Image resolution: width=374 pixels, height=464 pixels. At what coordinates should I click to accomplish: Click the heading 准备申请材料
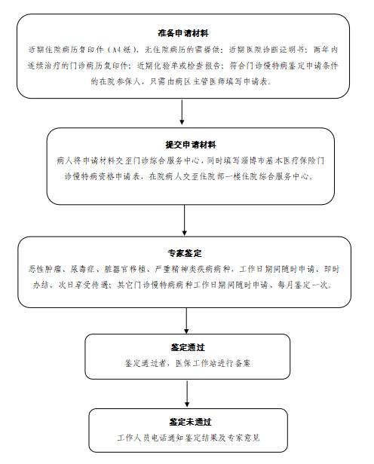[183, 33]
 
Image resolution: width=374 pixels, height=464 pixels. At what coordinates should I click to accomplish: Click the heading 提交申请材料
[191, 145]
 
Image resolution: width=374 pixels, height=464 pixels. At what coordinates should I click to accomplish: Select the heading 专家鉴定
[185, 253]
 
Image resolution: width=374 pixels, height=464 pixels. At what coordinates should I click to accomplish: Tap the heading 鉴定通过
[188, 347]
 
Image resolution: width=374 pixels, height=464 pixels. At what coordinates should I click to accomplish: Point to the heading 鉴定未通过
[190, 422]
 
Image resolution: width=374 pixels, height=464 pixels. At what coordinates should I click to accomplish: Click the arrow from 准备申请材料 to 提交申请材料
[182, 111]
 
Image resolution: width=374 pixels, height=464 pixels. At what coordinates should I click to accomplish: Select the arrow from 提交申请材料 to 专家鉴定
[184, 220]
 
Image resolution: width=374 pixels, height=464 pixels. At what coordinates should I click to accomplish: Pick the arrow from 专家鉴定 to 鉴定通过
[186, 320]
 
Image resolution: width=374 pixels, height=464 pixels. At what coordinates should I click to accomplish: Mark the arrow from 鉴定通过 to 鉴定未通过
[187, 393]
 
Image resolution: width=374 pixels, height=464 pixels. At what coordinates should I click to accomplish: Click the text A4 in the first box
[117, 50]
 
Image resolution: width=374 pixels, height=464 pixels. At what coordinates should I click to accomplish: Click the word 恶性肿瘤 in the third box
[44, 269]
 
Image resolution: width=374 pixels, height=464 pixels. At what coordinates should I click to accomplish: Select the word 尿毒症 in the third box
[82, 269]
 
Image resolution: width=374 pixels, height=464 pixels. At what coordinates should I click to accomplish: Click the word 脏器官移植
[125, 269]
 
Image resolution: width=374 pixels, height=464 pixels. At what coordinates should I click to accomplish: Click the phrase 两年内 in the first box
[326, 50]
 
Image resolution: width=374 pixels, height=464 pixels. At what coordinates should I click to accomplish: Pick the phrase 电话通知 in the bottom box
[168, 438]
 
